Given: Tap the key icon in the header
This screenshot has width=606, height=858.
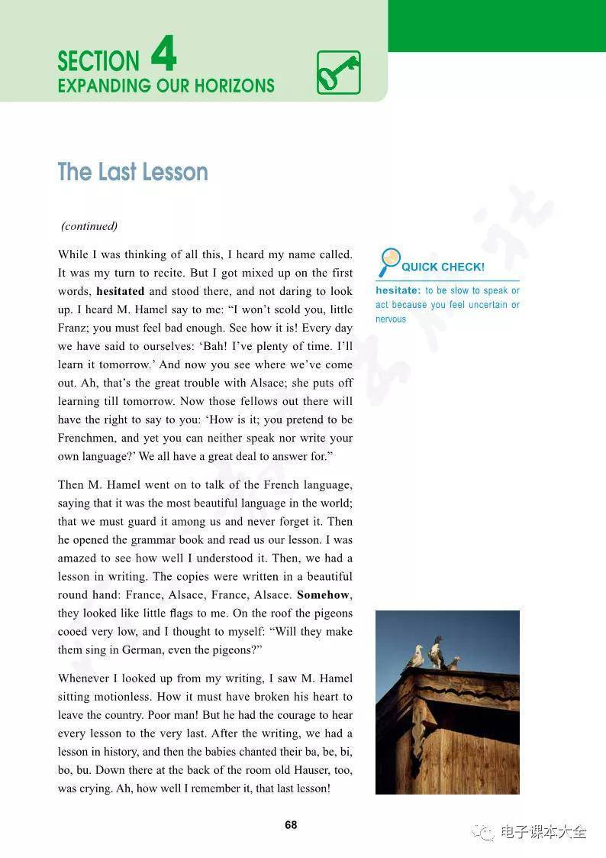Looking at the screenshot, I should [x=338, y=73].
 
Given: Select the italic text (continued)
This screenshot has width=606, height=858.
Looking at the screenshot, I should [x=89, y=226].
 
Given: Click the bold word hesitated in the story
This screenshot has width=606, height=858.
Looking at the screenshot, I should [x=120, y=291].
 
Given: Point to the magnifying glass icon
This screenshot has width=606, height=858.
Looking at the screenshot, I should [x=388, y=261].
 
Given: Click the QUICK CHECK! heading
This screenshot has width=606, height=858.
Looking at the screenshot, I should [x=443, y=267].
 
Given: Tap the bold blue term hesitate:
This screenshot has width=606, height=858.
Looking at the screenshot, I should [x=398, y=290].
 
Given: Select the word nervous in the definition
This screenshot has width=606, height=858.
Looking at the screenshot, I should [x=391, y=319].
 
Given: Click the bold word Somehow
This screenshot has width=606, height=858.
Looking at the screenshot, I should [x=324, y=595].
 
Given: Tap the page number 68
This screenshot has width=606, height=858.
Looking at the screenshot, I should [x=291, y=825].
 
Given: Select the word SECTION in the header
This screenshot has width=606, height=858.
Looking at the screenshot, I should [x=98, y=61].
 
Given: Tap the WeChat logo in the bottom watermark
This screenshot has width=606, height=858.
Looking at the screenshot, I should [x=483, y=832].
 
